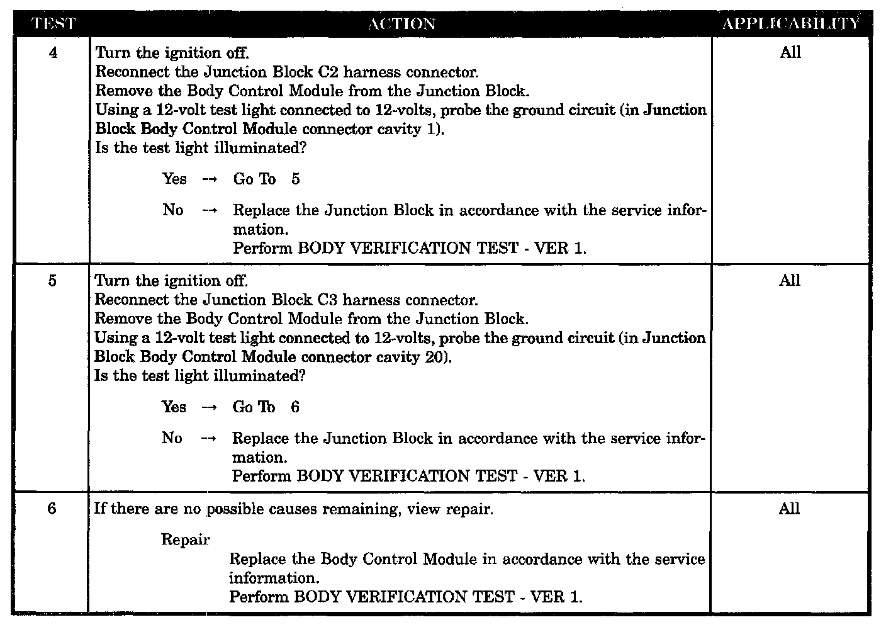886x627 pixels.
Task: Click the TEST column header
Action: [x=53, y=25]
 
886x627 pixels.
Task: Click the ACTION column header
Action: [x=401, y=25]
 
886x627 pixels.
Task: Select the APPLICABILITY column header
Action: [x=791, y=25]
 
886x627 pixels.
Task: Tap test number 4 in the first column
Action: [x=53, y=53]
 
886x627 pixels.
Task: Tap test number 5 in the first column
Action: [x=52, y=281]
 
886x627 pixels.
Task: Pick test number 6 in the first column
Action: [x=52, y=509]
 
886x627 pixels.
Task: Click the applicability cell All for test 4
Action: [x=790, y=53]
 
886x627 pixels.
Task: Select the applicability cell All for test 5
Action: [x=790, y=281]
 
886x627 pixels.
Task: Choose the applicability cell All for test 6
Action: [x=789, y=509]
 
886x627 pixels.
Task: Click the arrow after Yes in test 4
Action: [x=210, y=180]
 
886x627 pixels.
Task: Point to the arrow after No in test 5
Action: [x=208, y=439]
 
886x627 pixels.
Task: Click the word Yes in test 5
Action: [x=174, y=407]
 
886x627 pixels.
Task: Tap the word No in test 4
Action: [x=173, y=210]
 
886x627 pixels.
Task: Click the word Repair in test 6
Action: [x=185, y=540]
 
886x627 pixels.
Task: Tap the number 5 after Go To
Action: [x=296, y=180]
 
